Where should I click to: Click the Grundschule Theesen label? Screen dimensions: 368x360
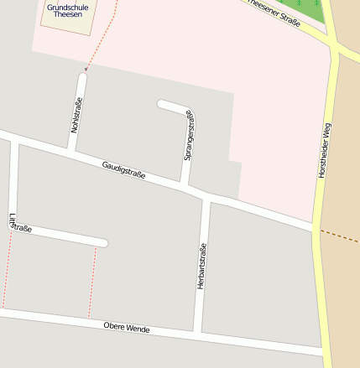tap(67, 11)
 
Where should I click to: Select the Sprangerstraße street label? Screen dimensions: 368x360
tap(190, 135)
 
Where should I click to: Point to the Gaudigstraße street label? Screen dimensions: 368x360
tap(124, 169)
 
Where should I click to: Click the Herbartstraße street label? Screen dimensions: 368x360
tap(201, 267)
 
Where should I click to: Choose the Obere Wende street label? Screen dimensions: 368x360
tap(126, 328)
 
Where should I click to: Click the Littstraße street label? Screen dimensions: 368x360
tap(18, 225)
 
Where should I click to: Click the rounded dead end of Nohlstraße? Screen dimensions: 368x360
tap(81, 78)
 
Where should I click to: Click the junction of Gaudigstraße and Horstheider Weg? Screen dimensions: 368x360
tap(316, 229)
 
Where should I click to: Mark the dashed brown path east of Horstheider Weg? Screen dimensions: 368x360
tap(342, 236)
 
